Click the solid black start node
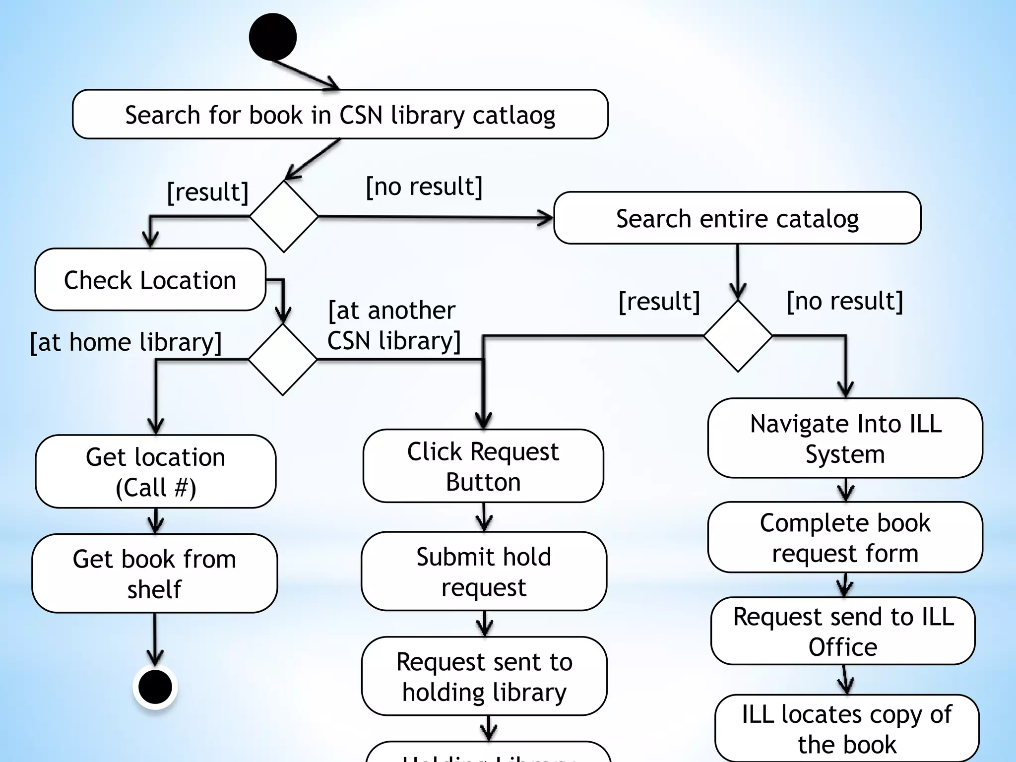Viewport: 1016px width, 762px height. click(272, 37)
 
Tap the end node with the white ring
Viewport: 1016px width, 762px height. click(155, 687)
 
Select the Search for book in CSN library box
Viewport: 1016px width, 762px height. click(340, 115)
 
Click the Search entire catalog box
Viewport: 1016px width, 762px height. click(737, 218)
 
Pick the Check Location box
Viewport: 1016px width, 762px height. click(150, 280)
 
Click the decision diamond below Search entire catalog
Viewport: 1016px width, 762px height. click(738, 336)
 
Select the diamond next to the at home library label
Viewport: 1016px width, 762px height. click(282, 359)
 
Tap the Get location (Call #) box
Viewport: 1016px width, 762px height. click(155, 471)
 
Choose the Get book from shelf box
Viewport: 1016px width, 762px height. click(154, 573)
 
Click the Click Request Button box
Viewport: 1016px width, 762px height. click(483, 466)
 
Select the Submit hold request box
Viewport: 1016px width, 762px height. click(484, 571)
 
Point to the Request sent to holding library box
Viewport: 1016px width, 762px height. click(484, 676)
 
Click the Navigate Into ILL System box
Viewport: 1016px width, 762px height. click(845, 438)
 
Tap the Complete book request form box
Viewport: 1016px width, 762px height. click(845, 537)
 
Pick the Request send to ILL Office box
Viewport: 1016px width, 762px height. click(843, 631)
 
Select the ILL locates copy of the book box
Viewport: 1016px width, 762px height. click(846, 728)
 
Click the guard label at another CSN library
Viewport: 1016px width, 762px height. click(393, 325)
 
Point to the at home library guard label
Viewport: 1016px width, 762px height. click(126, 342)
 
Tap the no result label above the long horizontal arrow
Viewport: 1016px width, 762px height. click(424, 187)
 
